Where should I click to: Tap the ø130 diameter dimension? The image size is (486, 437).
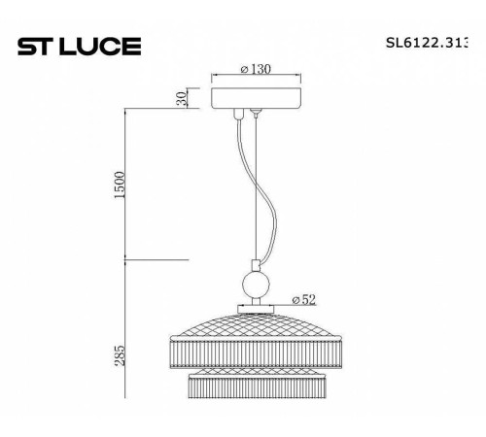255,69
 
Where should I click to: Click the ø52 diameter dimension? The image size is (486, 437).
304,299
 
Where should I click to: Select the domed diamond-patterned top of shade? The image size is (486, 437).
254,323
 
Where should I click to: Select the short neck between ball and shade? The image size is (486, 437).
254,306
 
